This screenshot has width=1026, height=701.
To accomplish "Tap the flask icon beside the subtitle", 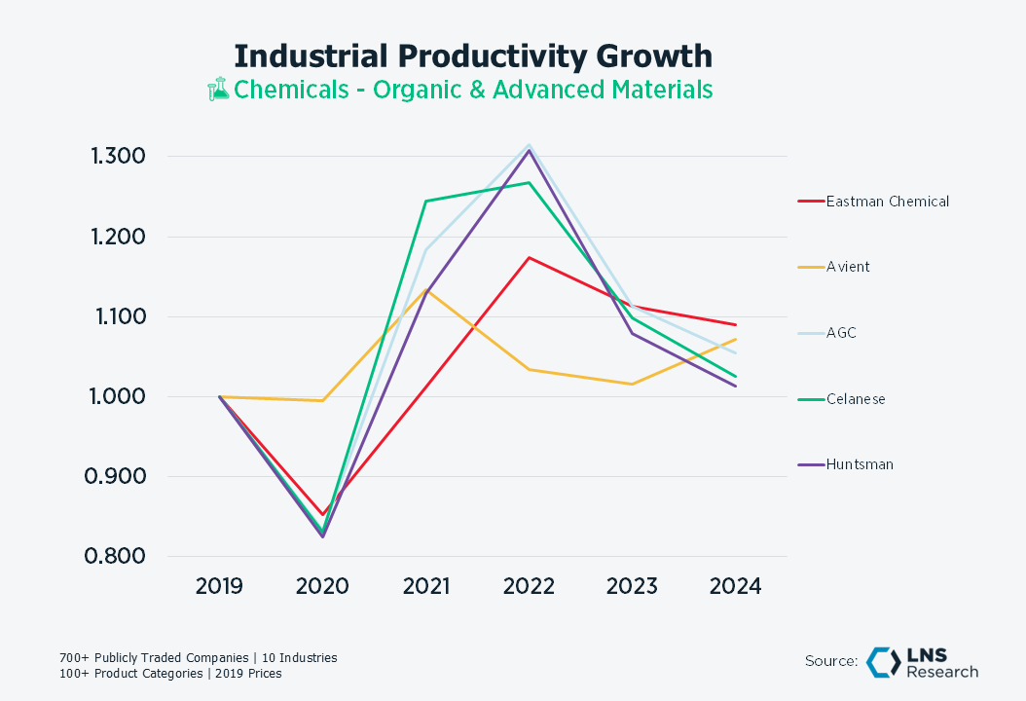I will pos(218,90).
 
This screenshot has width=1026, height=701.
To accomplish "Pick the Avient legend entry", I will pos(848,267).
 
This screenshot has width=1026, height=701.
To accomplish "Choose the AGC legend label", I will pos(842,333).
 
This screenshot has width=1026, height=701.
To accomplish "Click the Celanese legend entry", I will pos(856,399).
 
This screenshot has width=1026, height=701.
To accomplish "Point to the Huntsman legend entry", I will pos(860,464).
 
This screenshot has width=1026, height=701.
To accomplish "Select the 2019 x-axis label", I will pos(219,586).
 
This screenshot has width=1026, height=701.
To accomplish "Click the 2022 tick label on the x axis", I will pos(529,586).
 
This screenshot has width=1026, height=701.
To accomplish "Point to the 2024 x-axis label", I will pos(735,586).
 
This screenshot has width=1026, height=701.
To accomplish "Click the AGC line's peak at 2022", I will pos(529,145).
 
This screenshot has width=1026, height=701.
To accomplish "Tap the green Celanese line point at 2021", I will pos(425,202).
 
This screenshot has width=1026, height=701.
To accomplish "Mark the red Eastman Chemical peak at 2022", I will pos(529,257).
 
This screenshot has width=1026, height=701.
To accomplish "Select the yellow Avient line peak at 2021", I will pos(425,290).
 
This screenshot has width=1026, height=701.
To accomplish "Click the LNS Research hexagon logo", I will pos(883,661).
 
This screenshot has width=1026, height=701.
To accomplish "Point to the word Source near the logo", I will pos(830,661).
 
